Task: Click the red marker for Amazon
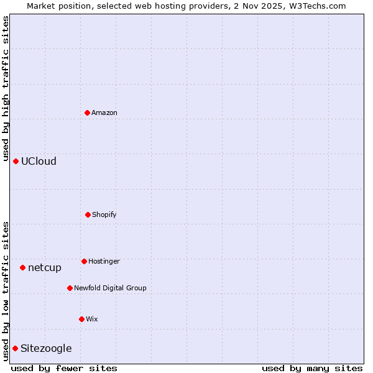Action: pyautogui.click(x=88, y=113)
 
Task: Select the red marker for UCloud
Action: pyautogui.click(x=16, y=161)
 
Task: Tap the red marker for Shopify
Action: pyautogui.click(x=88, y=214)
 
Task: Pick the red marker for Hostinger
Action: pyautogui.click(x=84, y=261)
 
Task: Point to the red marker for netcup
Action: pyautogui.click(x=22, y=267)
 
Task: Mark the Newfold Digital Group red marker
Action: pyautogui.click(x=70, y=288)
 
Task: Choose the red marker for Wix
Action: pyautogui.click(x=81, y=319)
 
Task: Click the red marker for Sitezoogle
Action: pyautogui.click(x=15, y=348)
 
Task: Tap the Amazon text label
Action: pyautogui.click(x=104, y=113)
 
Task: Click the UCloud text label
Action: pyautogui.click(x=39, y=161)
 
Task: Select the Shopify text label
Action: pyautogui.click(x=104, y=214)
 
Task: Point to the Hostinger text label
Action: pyautogui.click(x=104, y=261)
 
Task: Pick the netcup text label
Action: pyautogui.click(x=45, y=267)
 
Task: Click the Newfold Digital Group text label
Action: pyautogui.click(x=110, y=288)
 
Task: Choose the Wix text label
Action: pyautogui.click(x=92, y=319)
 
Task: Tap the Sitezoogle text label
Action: pyautogui.click(x=46, y=348)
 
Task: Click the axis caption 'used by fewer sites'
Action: pyautogui.click(x=64, y=368)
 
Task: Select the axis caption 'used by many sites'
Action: pyautogui.click(x=312, y=368)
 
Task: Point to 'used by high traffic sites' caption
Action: pyautogui.click(x=6, y=87)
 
